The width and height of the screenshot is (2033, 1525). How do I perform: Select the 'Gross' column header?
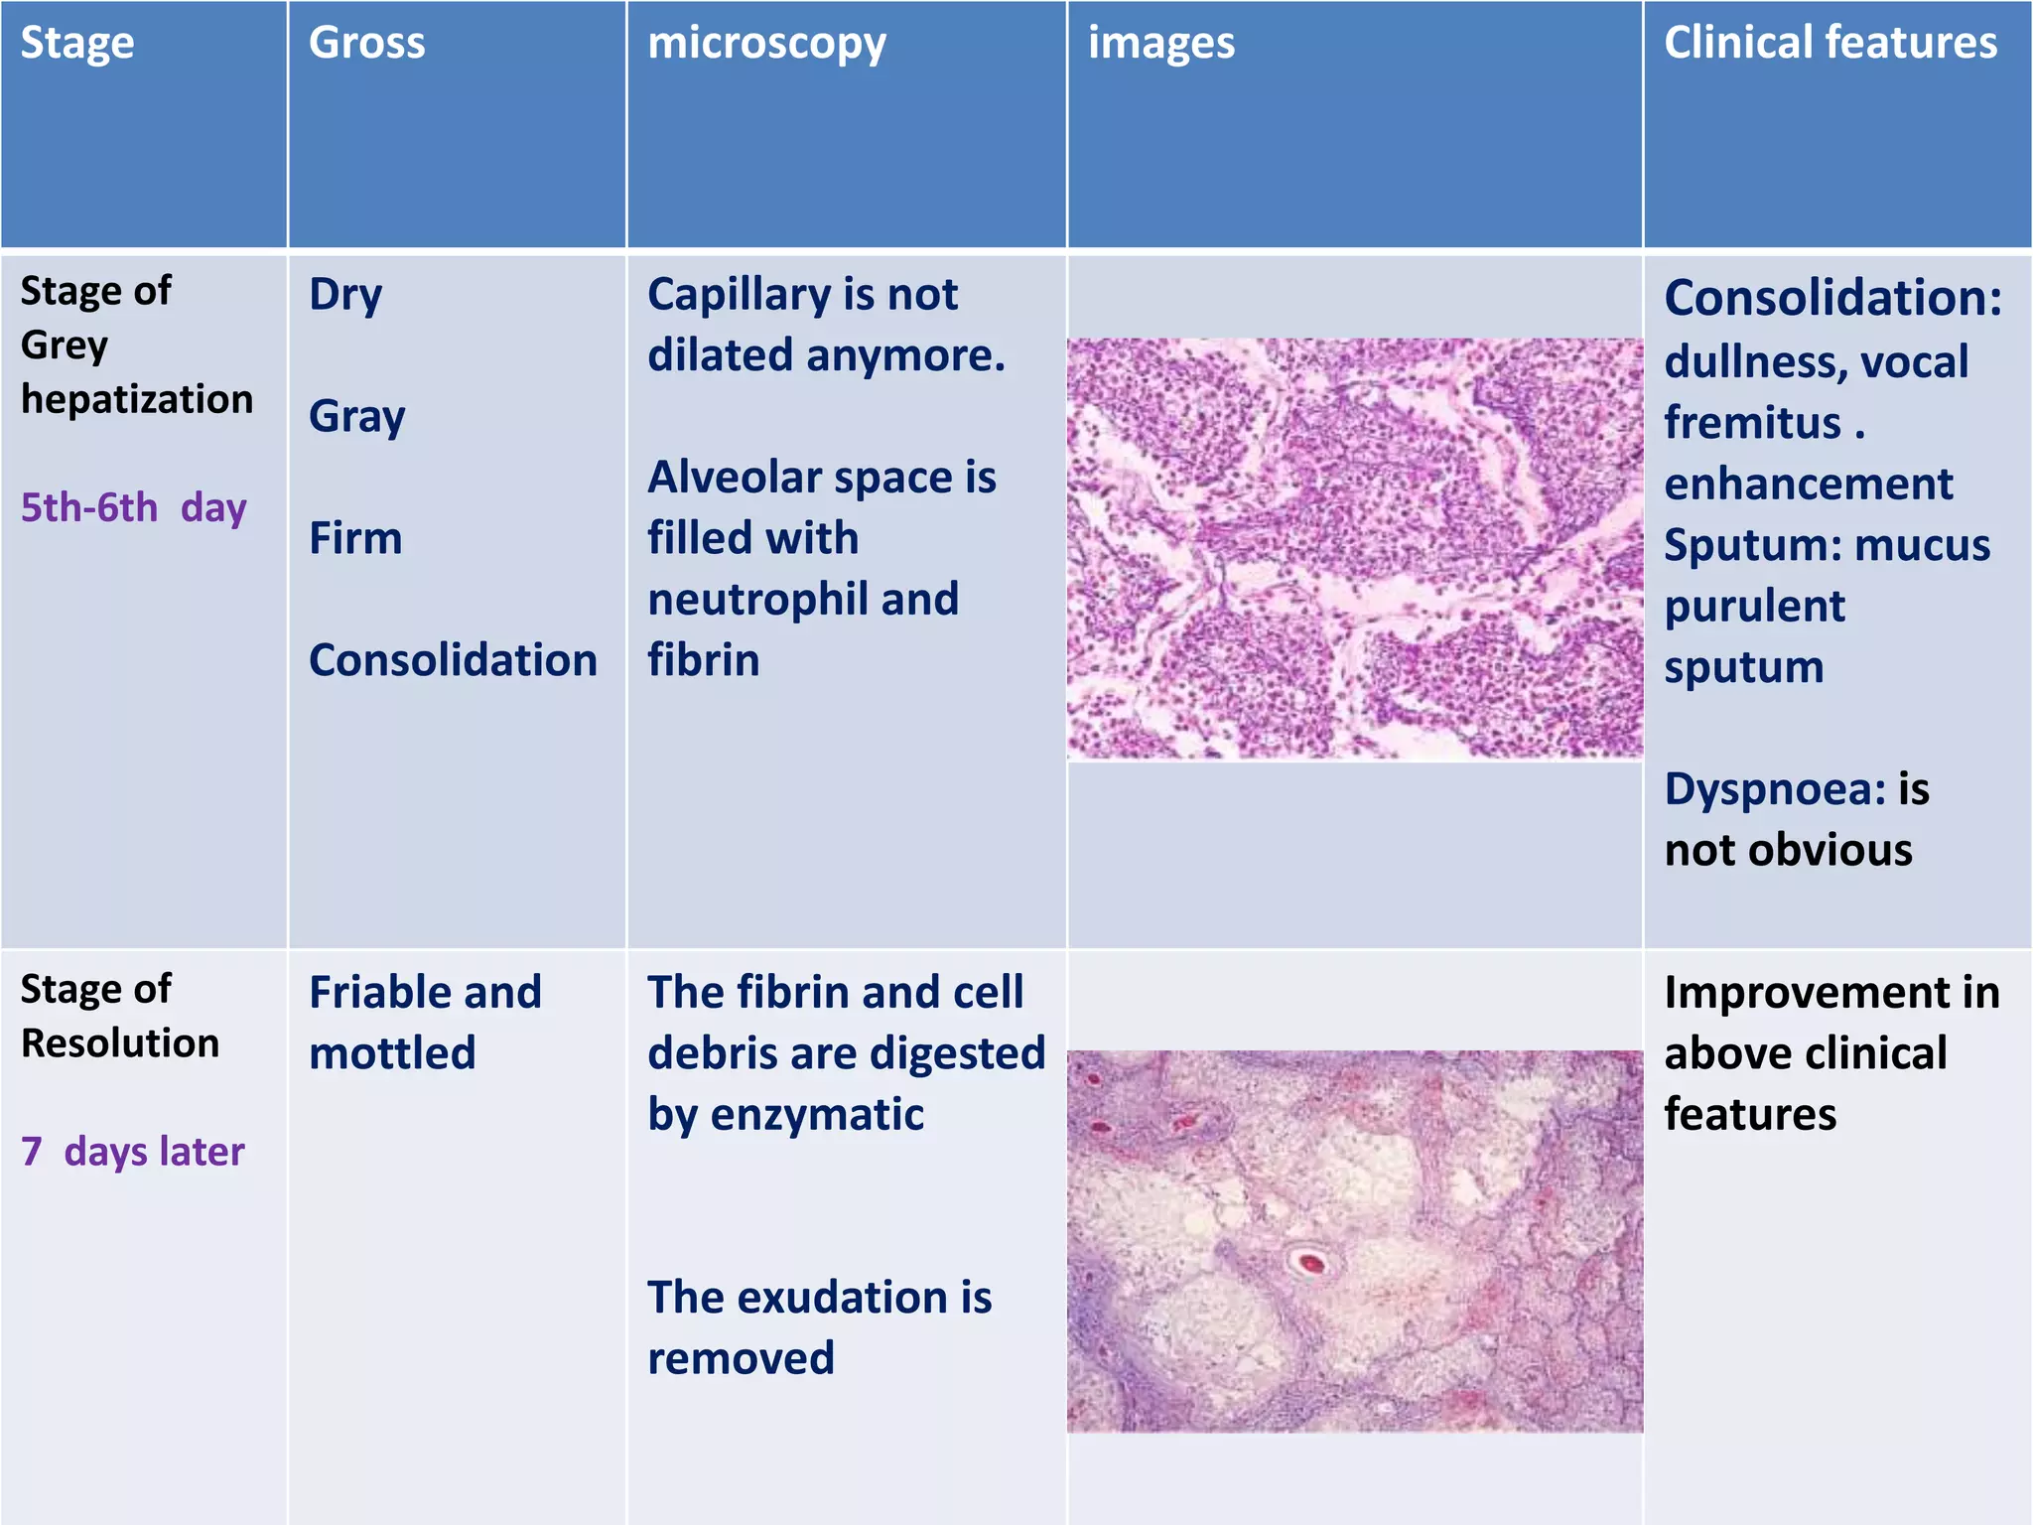click(366, 43)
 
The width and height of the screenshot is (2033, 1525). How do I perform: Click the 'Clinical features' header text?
click(1830, 43)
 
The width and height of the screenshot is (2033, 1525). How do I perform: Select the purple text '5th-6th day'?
click(133, 507)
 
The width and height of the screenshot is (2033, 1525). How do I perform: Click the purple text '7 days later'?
click(132, 1152)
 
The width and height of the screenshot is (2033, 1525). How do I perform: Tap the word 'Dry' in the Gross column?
click(344, 295)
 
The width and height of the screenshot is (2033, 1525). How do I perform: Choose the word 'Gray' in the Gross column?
click(356, 417)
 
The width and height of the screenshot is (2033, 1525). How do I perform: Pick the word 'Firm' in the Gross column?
click(355, 538)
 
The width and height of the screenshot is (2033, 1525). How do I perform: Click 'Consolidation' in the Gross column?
click(453, 660)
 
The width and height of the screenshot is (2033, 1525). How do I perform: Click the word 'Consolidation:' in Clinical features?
click(1832, 298)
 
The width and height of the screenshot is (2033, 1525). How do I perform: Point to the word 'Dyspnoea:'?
click(1775, 789)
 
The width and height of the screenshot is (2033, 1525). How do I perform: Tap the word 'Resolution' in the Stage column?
click(120, 1043)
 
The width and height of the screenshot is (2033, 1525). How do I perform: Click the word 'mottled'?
click(392, 1053)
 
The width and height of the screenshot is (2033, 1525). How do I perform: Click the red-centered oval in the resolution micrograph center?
click(1310, 1263)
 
